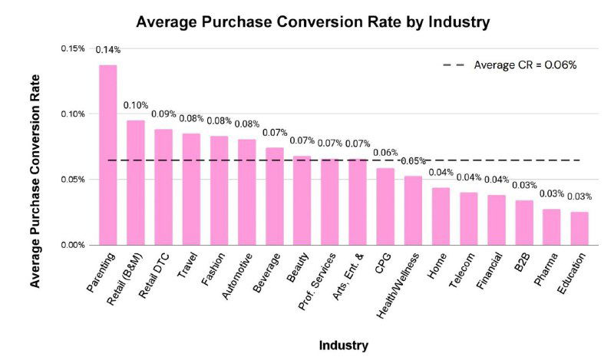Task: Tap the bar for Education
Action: point(579,229)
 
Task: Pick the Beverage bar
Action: point(275,197)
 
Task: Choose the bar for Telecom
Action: point(469,219)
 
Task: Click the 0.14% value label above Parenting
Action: point(107,50)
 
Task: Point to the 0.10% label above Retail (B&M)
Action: point(136,105)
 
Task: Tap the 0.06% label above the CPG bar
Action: point(385,153)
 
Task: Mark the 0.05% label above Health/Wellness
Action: point(413,161)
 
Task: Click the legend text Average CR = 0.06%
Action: point(525,64)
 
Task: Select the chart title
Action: point(312,22)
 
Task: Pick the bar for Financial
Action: point(497,220)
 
